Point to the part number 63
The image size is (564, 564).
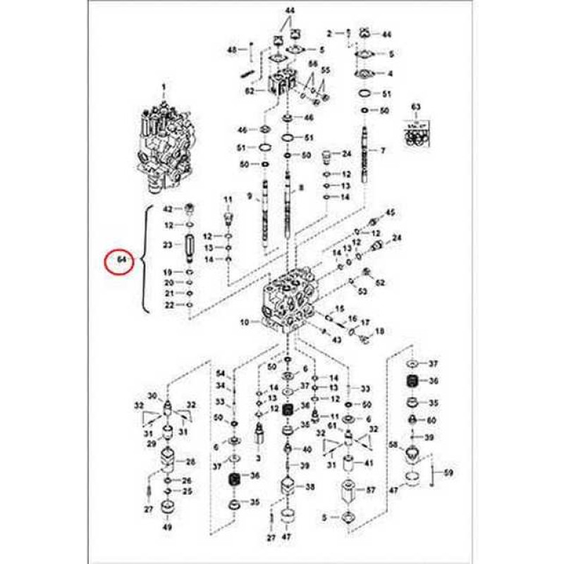pos(416,107)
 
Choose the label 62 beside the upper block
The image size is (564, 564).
pos(249,91)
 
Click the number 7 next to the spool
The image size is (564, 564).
pos(383,151)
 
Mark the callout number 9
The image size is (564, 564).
pos(249,196)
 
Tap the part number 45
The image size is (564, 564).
pos(389,212)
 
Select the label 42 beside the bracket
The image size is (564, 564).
pos(168,209)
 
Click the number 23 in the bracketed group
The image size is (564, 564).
pos(168,245)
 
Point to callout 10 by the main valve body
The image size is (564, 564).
pos(245,323)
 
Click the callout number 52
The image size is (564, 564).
pos(381,283)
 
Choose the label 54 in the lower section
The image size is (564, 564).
pos(220,373)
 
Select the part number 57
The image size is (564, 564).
pos(371,489)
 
